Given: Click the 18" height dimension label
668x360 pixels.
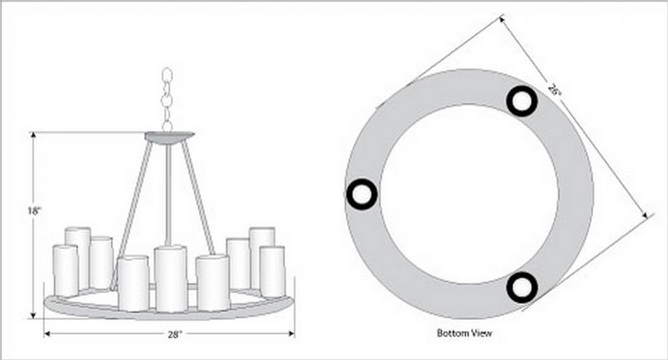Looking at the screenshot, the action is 34,210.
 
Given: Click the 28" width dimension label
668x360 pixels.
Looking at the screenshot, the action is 174,335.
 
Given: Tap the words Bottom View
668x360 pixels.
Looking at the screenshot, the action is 464,333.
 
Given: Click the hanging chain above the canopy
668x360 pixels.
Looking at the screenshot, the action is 167,100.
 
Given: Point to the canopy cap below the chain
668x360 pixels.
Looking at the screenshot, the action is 169,137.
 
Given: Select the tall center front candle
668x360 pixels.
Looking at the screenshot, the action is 170,279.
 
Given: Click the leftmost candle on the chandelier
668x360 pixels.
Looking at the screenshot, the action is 65,271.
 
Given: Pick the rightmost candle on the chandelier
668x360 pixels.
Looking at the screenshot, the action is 273,271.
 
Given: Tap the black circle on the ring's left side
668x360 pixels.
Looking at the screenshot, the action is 362,194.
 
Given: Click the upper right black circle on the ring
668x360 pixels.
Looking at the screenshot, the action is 522,101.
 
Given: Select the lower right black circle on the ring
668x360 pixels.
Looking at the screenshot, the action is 522,288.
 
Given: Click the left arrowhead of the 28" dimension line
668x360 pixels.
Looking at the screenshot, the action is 47,334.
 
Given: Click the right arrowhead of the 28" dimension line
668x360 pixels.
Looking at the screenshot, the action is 291,334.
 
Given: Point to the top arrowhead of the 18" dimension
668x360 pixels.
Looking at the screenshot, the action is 33,136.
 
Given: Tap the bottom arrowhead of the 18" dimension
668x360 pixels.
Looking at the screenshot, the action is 33,315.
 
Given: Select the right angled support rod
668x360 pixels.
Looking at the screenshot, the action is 198,198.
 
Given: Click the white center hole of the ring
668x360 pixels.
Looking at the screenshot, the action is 469,194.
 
